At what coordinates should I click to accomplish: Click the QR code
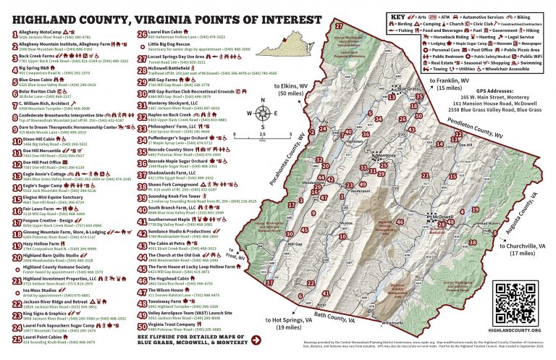click(516, 298)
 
